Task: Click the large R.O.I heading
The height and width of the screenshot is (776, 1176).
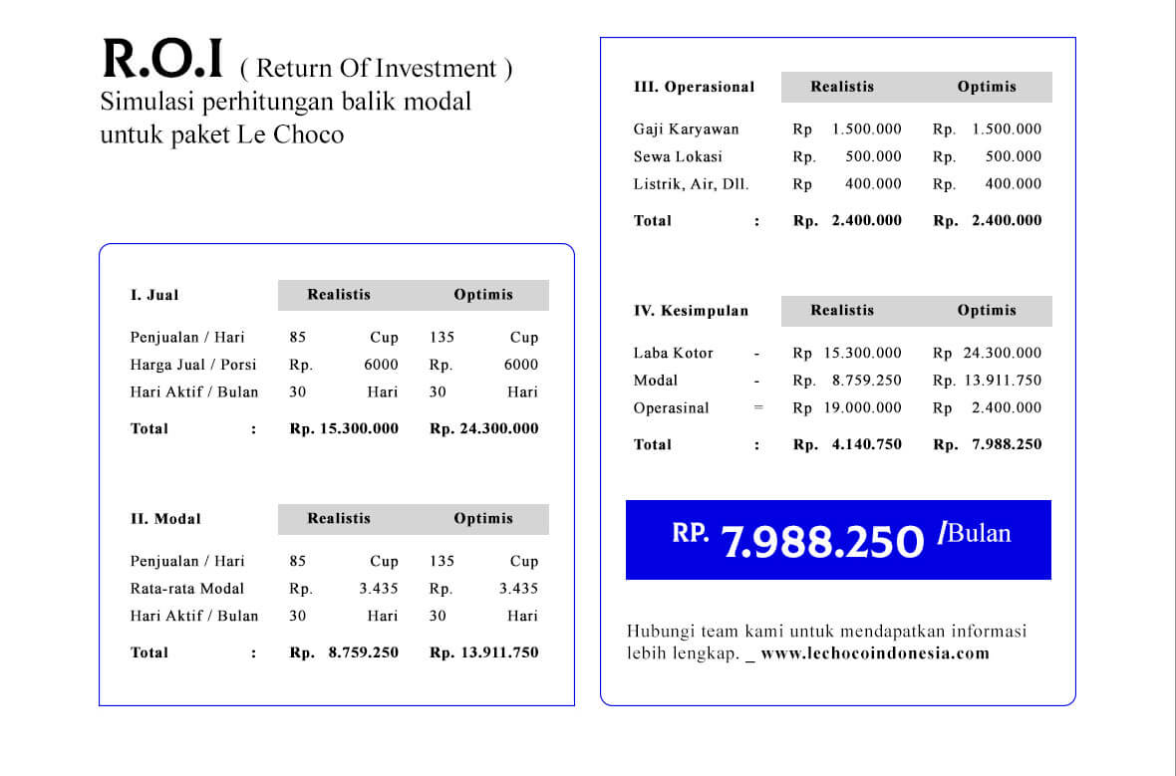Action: click(x=162, y=60)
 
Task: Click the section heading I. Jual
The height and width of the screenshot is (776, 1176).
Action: click(x=154, y=295)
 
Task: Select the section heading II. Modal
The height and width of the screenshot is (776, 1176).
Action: click(x=165, y=519)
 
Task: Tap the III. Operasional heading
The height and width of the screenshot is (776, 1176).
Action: click(x=694, y=87)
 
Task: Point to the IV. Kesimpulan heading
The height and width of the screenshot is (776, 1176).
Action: click(x=691, y=311)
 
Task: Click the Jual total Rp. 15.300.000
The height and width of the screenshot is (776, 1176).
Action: click(x=344, y=429)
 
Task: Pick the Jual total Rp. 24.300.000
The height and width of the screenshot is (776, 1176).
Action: click(x=484, y=429)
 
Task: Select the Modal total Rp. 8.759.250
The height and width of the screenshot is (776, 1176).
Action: click(x=344, y=653)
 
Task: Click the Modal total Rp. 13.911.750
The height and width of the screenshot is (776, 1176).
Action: click(x=484, y=653)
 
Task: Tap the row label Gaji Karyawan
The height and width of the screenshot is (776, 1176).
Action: click(x=686, y=129)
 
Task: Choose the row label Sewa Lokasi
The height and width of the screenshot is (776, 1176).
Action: click(x=678, y=156)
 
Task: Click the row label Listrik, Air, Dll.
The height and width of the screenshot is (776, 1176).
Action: click(x=691, y=184)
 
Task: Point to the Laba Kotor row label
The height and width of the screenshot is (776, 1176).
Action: click(x=673, y=353)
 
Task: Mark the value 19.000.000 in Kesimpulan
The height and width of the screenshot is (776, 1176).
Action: click(x=862, y=407)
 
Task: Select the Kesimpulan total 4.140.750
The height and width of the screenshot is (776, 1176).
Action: click(x=866, y=445)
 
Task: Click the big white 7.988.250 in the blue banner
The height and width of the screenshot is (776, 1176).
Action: click(x=822, y=541)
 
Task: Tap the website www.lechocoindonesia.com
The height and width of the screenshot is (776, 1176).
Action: click(x=874, y=654)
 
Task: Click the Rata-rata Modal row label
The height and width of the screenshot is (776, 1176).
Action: click(x=186, y=589)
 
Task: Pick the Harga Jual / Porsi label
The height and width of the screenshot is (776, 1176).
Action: click(x=193, y=365)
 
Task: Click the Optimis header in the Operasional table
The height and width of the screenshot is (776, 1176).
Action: click(x=987, y=87)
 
